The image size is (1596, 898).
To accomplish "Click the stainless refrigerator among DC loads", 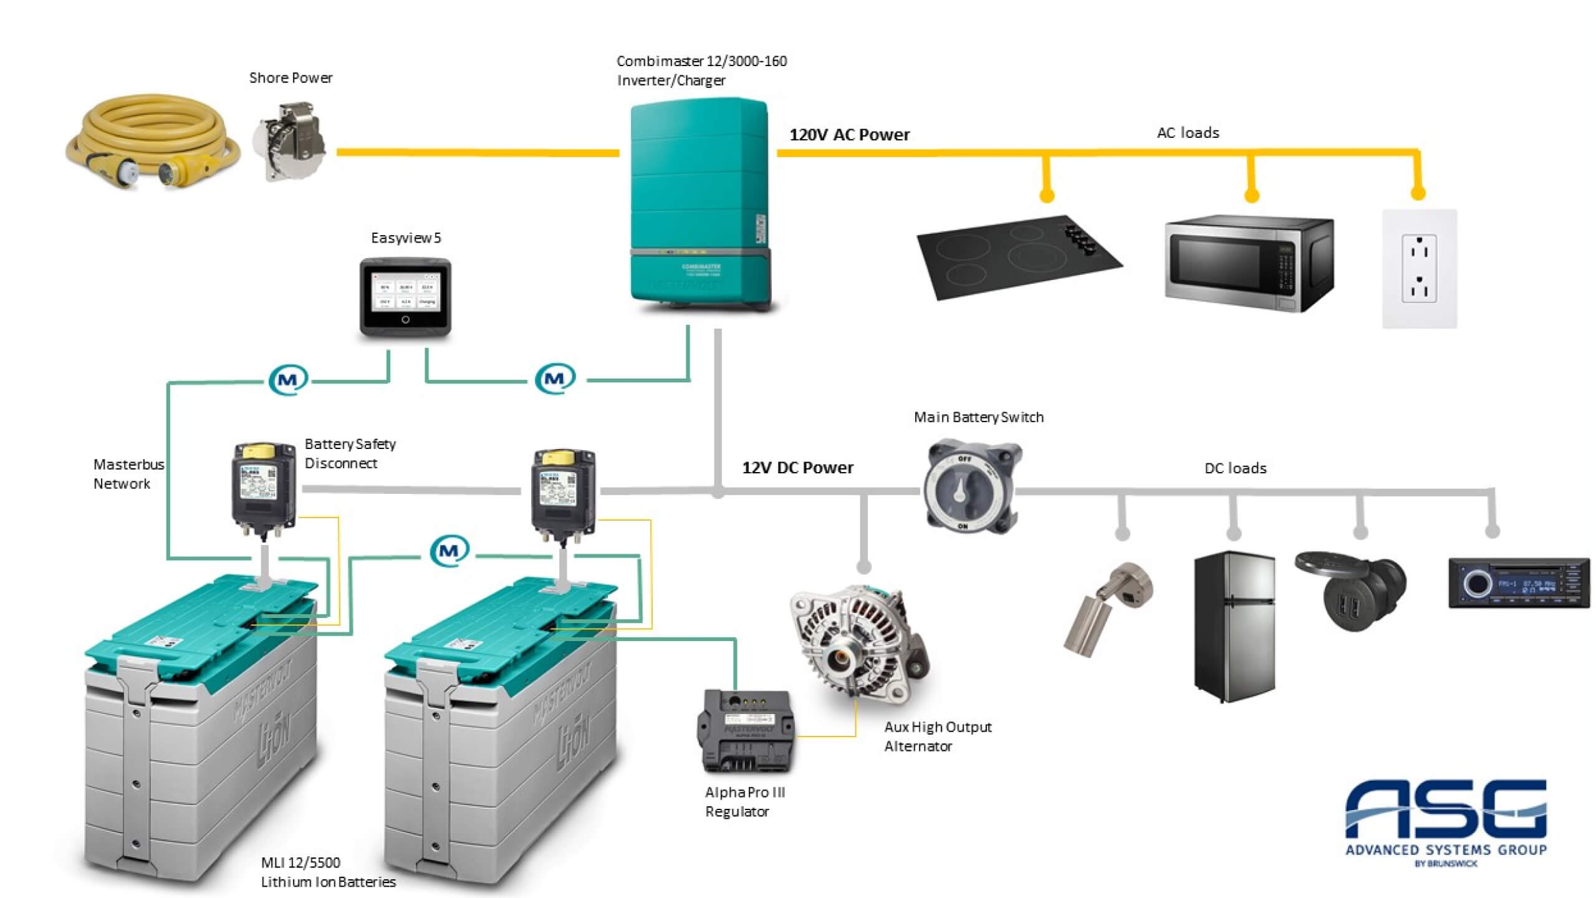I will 1234,627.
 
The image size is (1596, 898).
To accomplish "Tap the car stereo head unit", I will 1518,583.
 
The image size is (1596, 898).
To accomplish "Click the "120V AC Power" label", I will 849,135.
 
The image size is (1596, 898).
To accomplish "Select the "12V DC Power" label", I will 797,468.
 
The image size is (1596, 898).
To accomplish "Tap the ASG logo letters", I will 1446,809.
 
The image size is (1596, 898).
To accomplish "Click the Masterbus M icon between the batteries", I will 449,551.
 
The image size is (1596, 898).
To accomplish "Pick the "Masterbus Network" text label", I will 128,474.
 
